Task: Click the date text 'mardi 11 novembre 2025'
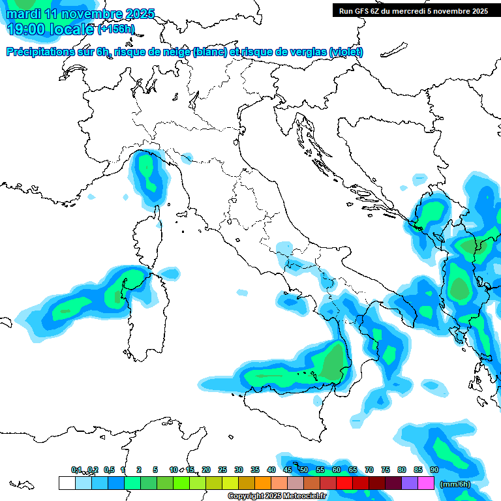point(78,14)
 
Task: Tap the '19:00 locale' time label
point(49,29)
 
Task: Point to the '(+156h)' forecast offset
point(116,29)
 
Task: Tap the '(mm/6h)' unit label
point(455,484)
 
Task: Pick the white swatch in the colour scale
point(67,483)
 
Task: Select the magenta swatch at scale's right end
point(426,483)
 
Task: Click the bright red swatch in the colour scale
point(344,483)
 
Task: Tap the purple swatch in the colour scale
point(410,483)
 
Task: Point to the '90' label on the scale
point(434,470)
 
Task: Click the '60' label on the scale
point(336,470)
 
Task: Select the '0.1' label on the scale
point(76,470)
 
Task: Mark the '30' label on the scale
point(239,470)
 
